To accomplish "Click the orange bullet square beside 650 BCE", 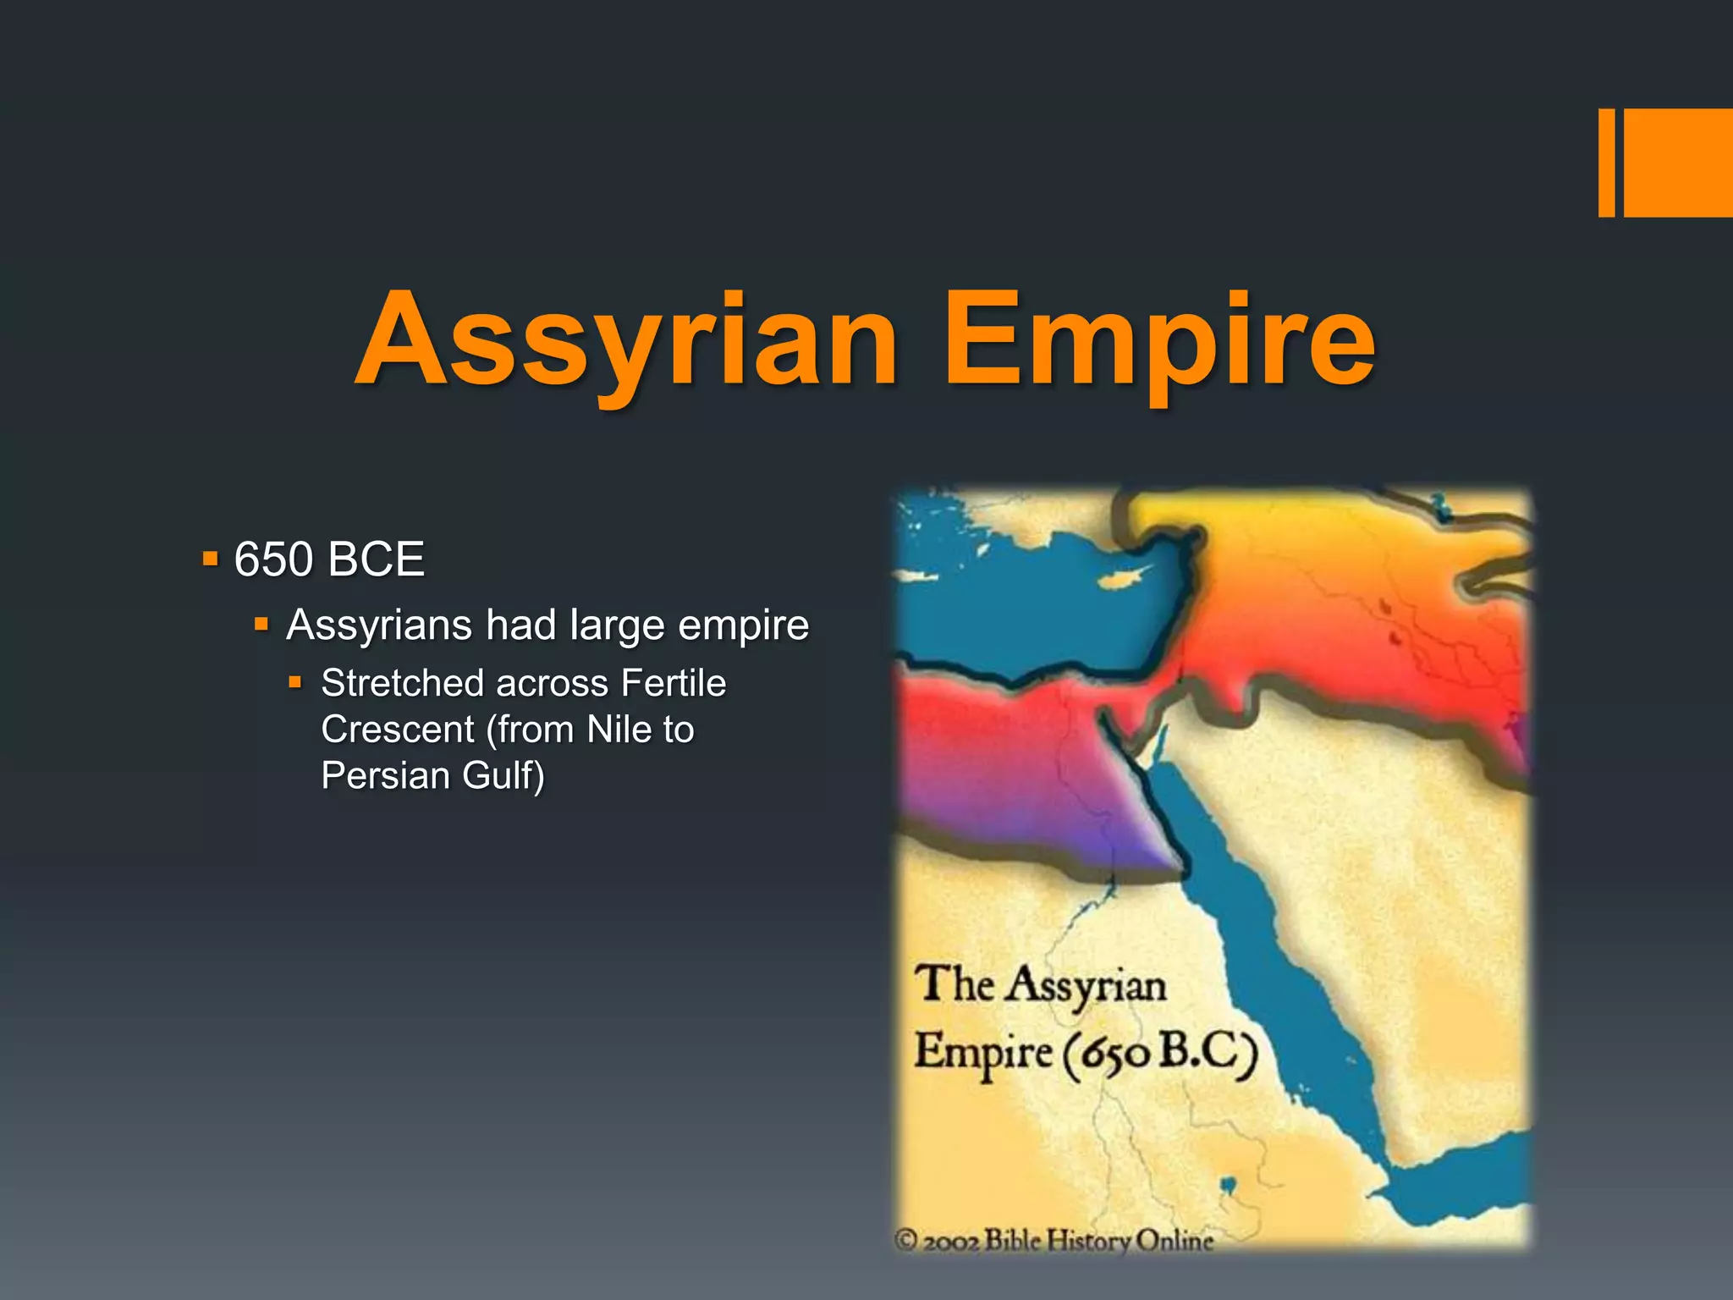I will (211, 559).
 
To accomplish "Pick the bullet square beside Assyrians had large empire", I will (261, 625).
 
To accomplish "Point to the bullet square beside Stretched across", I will (294, 681).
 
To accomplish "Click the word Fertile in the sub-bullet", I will (673, 683).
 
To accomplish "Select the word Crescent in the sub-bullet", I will (397, 730).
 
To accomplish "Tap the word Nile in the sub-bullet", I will (619, 730).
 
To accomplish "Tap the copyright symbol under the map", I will (906, 1241).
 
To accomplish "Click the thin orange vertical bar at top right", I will (1606, 162).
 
